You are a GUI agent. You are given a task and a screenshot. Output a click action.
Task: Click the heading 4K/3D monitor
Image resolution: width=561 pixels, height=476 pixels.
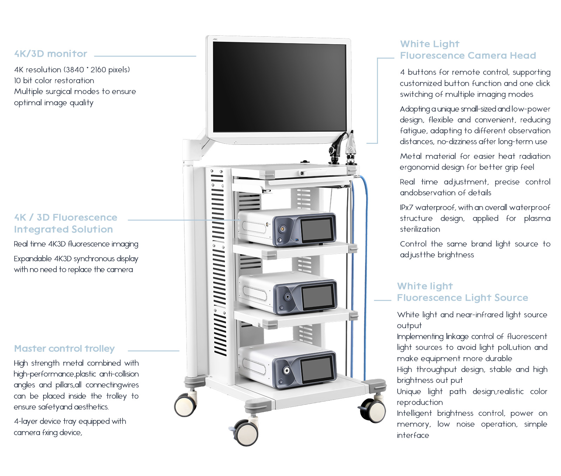click(x=50, y=54)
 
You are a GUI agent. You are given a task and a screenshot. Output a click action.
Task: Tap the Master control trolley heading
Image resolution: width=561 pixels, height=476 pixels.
click(x=64, y=348)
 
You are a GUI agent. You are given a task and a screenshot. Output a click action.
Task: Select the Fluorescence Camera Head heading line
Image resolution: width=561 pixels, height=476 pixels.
click(x=468, y=55)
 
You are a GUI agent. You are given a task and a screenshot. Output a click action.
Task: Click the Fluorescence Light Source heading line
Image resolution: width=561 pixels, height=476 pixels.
click(x=462, y=298)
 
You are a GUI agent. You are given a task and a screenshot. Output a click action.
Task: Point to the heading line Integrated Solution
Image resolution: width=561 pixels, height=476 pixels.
click(x=63, y=229)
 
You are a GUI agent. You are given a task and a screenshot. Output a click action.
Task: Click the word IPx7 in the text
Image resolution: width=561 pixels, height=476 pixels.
click(x=406, y=207)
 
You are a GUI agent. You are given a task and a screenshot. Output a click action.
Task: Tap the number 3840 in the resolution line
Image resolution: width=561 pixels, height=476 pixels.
click(x=75, y=70)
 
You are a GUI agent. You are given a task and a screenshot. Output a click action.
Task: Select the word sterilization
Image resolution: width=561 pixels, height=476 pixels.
click(x=420, y=229)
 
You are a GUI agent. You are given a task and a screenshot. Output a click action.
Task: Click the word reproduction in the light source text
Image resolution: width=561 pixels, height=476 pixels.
click(x=419, y=402)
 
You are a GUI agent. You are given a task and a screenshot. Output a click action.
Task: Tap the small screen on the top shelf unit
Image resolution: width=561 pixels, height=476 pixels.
click(x=317, y=229)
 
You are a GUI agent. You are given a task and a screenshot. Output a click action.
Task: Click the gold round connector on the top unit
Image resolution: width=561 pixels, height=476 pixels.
click(x=282, y=230)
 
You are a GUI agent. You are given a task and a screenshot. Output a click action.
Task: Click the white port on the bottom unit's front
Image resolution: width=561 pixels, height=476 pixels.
click(x=287, y=370)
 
